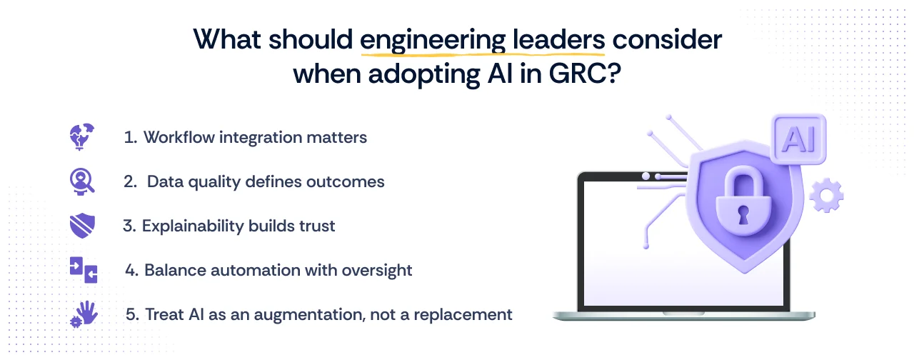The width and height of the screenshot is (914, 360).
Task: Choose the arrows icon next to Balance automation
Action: pos(83,270)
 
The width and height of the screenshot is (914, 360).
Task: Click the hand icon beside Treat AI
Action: pos(83,314)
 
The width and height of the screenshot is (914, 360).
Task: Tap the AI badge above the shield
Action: pos(799,139)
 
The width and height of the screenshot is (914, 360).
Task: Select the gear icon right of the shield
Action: pos(827,194)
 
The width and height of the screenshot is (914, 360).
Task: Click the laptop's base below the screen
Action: pos(683,314)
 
